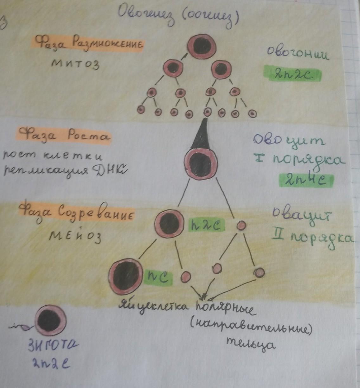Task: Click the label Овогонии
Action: (x=297, y=54)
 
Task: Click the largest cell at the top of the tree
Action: (x=202, y=46)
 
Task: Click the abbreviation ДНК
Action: (x=109, y=172)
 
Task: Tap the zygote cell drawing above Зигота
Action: (x=51, y=320)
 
